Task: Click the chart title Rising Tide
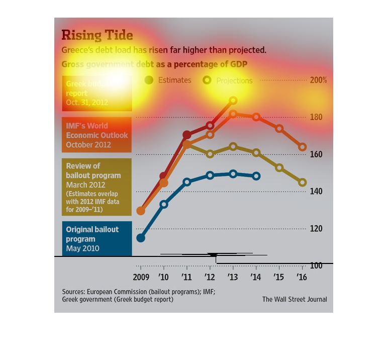click(x=97, y=35)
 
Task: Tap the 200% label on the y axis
click(x=318, y=80)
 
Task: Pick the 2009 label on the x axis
click(x=141, y=277)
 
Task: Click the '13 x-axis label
click(x=233, y=277)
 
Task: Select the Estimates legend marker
click(x=149, y=80)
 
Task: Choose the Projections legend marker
click(x=207, y=80)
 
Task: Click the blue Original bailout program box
click(x=97, y=238)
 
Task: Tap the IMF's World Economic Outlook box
click(x=97, y=135)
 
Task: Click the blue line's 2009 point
click(x=141, y=238)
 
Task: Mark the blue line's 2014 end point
click(x=256, y=176)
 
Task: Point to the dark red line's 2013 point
click(x=233, y=101)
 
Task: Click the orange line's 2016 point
click(x=303, y=147)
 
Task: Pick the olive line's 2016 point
click(x=303, y=183)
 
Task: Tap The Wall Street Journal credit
click(x=295, y=299)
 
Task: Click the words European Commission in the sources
click(x=117, y=292)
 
